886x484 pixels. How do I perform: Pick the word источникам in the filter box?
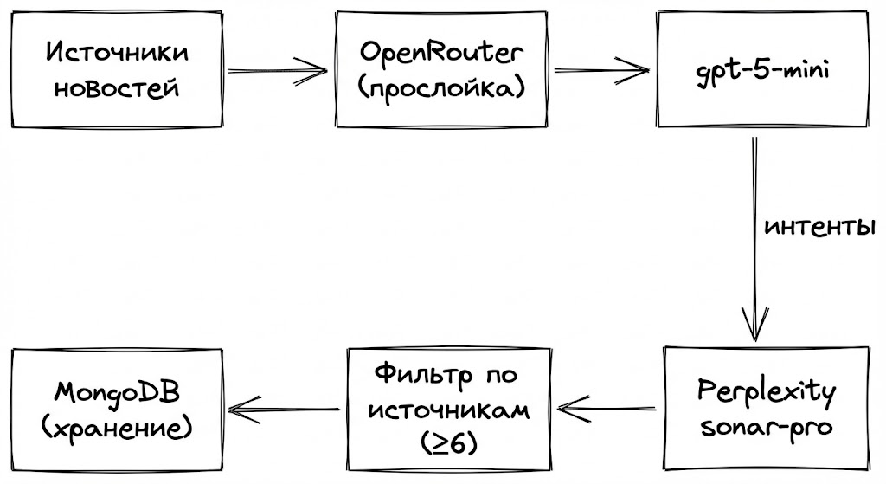coord(448,410)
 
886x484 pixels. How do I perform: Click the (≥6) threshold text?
coord(448,443)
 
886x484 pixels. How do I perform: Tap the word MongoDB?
coord(117,392)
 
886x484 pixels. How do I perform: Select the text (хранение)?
coord(117,427)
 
